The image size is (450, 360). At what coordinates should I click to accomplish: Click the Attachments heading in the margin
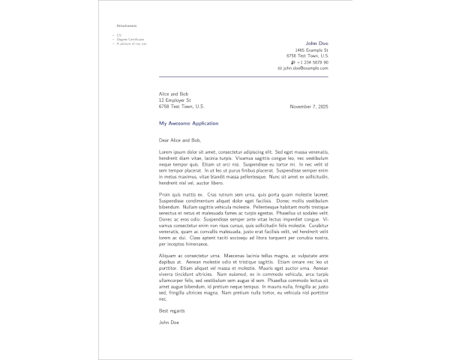(127, 25)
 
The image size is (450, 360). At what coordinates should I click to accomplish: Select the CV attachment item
(117, 34)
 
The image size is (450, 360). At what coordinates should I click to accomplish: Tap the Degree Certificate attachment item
(129, 39)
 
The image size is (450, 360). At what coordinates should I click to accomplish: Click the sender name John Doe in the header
(317, 43)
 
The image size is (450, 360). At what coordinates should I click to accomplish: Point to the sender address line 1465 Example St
(311, 49)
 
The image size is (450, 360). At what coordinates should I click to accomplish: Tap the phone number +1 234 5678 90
(313, 61)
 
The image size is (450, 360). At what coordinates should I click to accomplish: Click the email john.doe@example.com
(305, 67)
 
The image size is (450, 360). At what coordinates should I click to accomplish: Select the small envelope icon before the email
(280, 67)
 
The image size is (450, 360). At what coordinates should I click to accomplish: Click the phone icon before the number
(292, 61)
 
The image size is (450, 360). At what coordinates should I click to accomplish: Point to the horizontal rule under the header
(243, 76)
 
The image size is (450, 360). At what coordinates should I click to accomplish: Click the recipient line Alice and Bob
(173, 94)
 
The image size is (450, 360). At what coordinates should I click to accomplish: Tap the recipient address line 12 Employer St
(175, 100)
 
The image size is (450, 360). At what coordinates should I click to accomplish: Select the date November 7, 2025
(309, 106)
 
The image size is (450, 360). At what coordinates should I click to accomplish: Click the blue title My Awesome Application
(188, 123)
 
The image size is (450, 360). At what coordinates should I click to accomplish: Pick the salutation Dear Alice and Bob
(180, 139)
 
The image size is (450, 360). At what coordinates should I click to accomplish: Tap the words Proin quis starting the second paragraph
(169, 193)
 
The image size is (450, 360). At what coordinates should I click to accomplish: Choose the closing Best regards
(172, 310)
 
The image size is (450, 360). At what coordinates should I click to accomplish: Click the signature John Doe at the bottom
(169, 322)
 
